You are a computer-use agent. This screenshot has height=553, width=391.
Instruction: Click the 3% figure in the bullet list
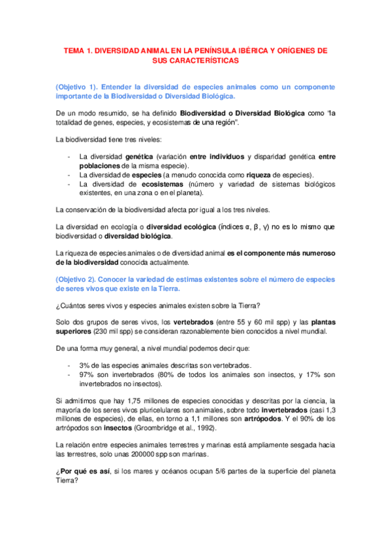pyautogui.click(x=84, y=365)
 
